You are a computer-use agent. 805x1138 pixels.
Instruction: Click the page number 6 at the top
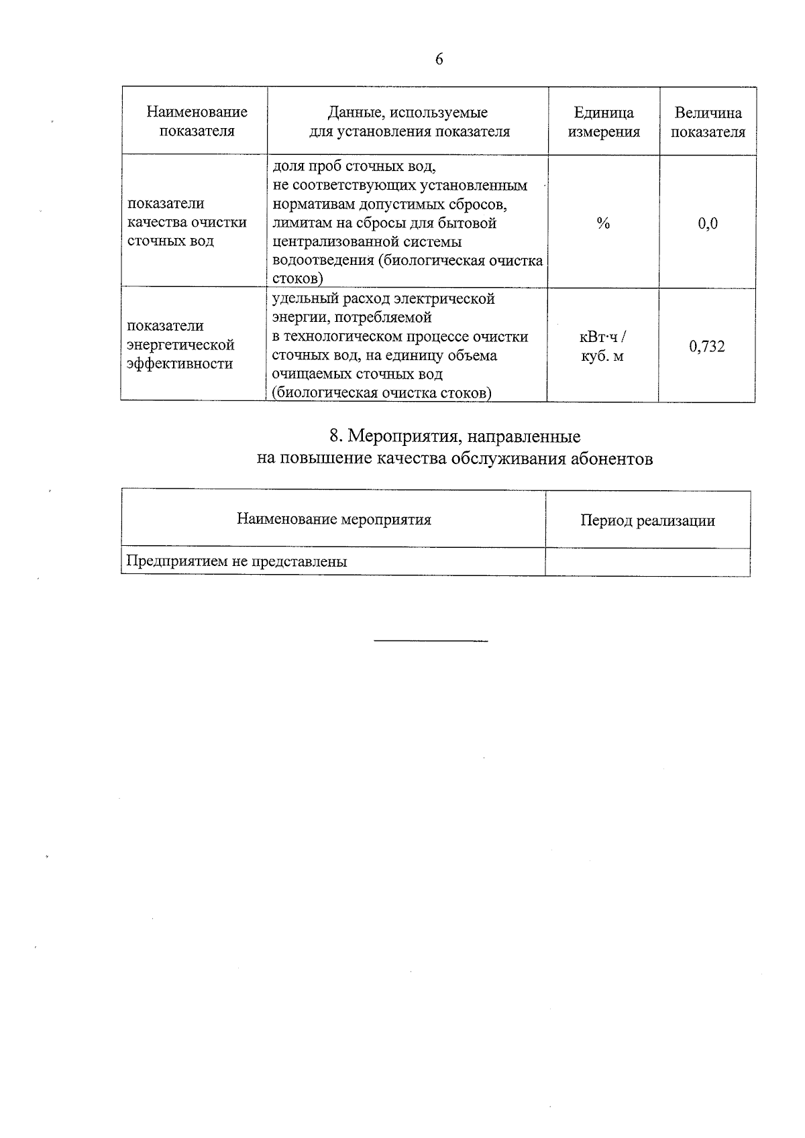(x=439, y=60)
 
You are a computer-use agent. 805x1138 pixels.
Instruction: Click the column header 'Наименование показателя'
(x=197, y=121)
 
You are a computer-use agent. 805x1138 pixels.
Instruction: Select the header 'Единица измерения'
(x=604, y=122)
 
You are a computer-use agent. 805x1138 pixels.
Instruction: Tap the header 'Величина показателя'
(x=708, y=122)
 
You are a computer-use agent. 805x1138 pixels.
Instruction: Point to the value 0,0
(x=708, y=223)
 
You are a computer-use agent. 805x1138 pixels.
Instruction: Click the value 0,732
(x=707, y=347)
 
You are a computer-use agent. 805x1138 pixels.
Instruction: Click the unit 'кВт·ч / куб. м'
(x=602, y=347)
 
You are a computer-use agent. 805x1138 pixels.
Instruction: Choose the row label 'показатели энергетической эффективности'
(x=181, y=345)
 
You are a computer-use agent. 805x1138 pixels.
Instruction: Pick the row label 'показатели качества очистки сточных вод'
(x=186, y=222)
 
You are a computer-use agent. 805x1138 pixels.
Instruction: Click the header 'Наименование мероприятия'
(x=333, y=520)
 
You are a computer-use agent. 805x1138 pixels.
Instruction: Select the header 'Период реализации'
(x=647, y=520)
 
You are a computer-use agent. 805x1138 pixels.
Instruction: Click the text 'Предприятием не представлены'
(x=237, y=562)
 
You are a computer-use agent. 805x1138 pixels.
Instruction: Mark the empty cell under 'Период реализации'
(x=647, y=562)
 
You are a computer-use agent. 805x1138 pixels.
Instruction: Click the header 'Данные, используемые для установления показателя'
(x=409, y=121)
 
